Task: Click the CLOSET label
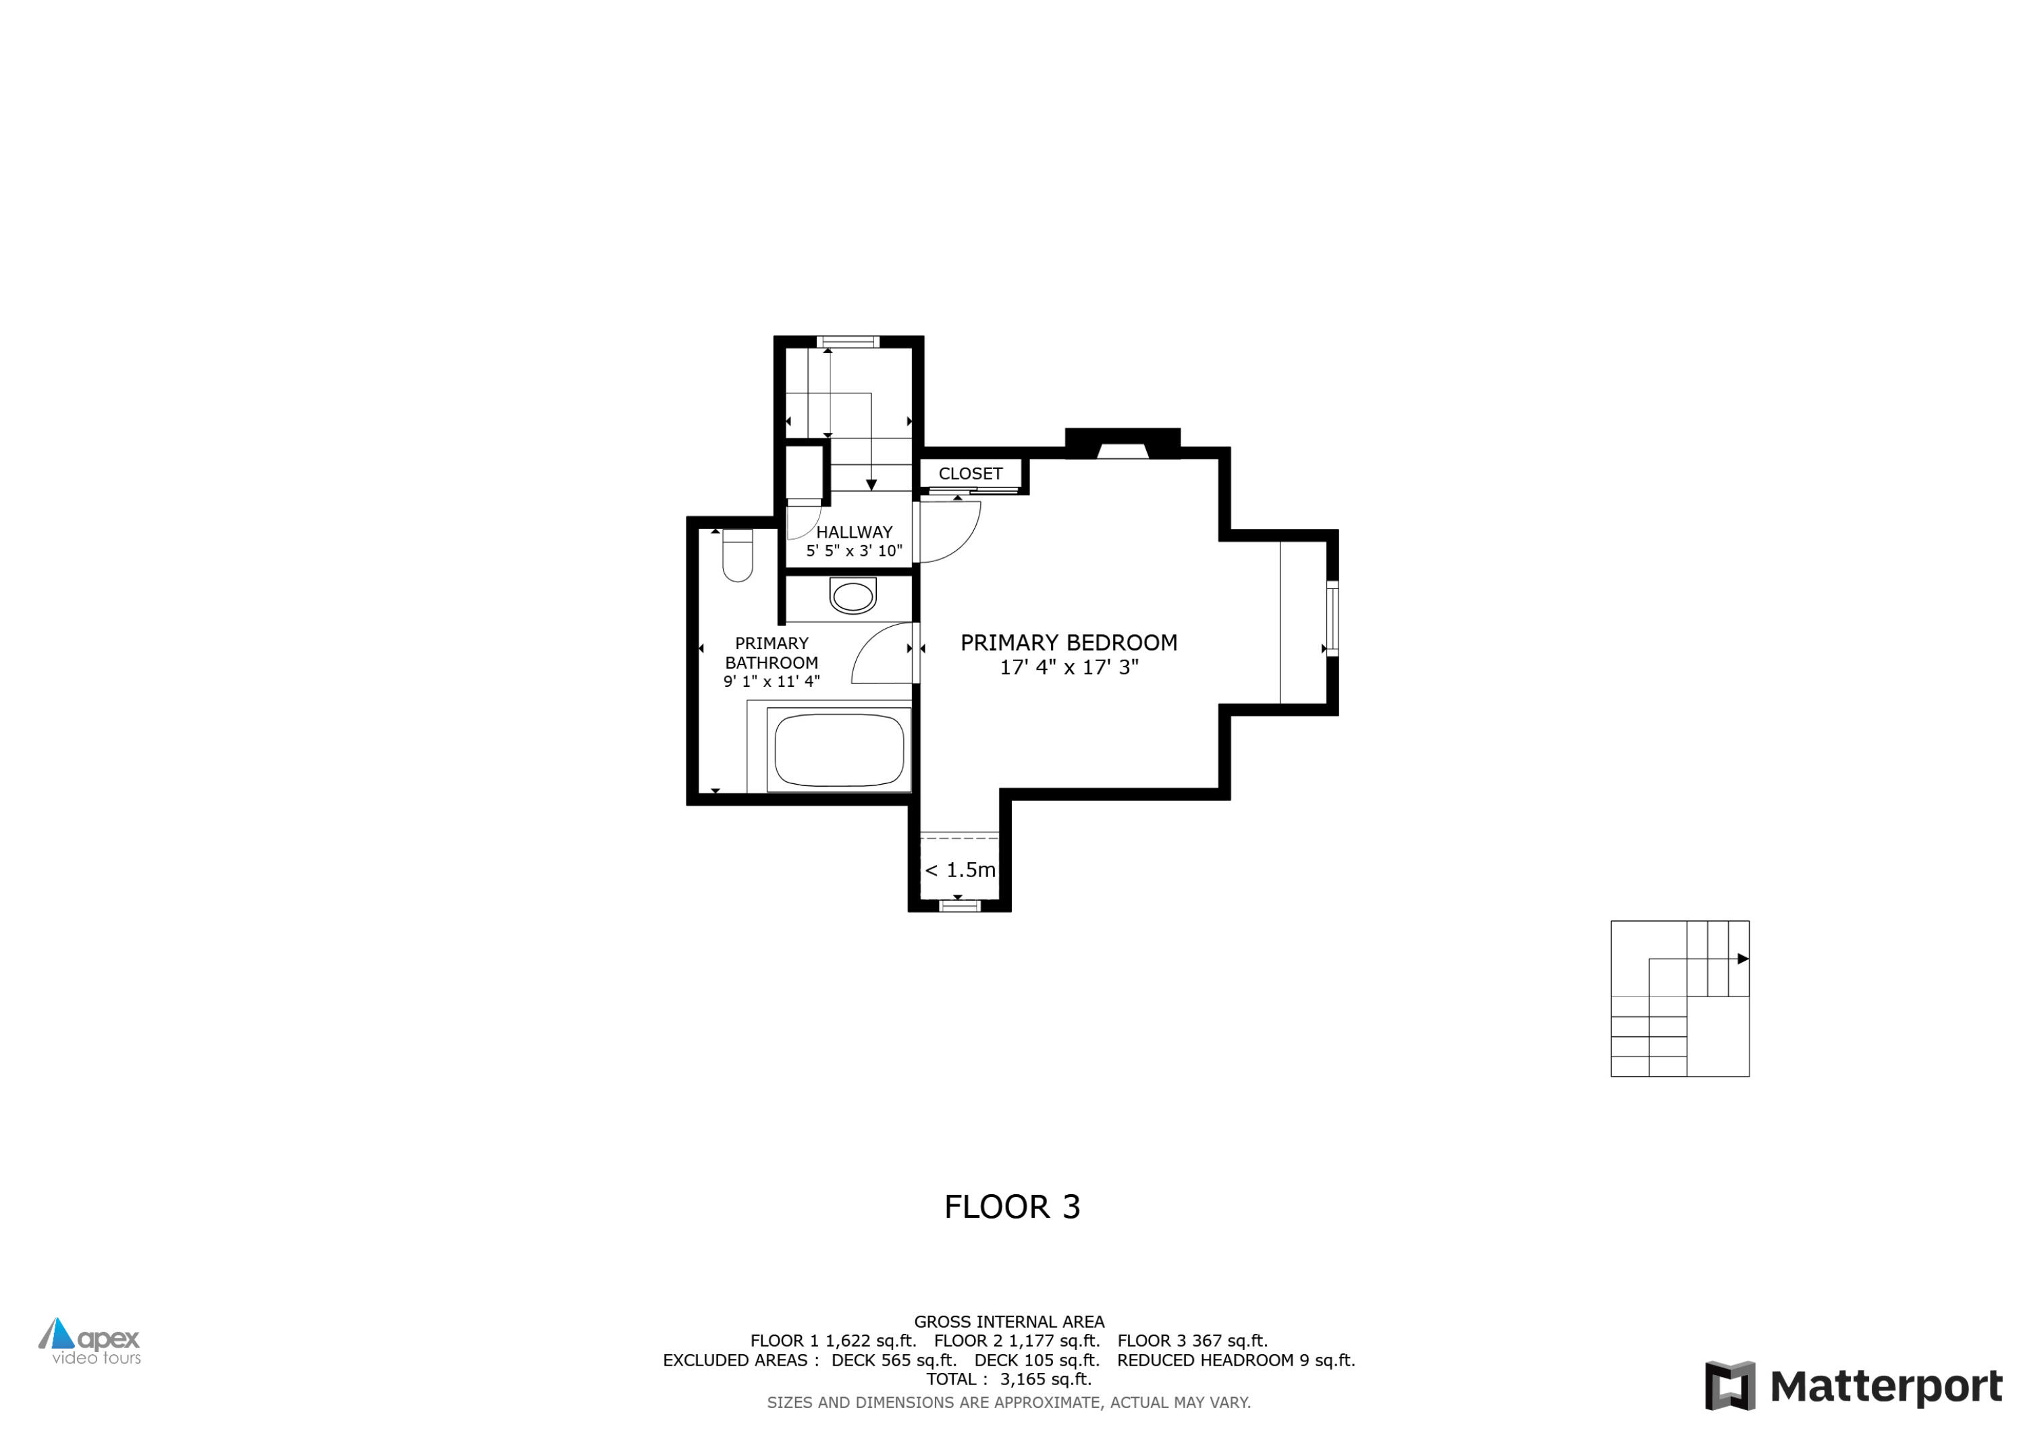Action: point(970,474)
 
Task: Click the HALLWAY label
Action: point(854,532)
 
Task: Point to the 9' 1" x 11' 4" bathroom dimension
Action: point(771,681)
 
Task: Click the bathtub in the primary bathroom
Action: point(839,750)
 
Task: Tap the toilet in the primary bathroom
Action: point(737,555)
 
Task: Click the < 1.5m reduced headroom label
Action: point(960,870)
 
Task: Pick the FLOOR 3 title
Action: point(1012,1207)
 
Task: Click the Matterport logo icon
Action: point(1729,1385)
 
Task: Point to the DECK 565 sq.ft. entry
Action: point(894,1360)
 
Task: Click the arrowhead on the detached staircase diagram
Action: point(1742,959)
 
